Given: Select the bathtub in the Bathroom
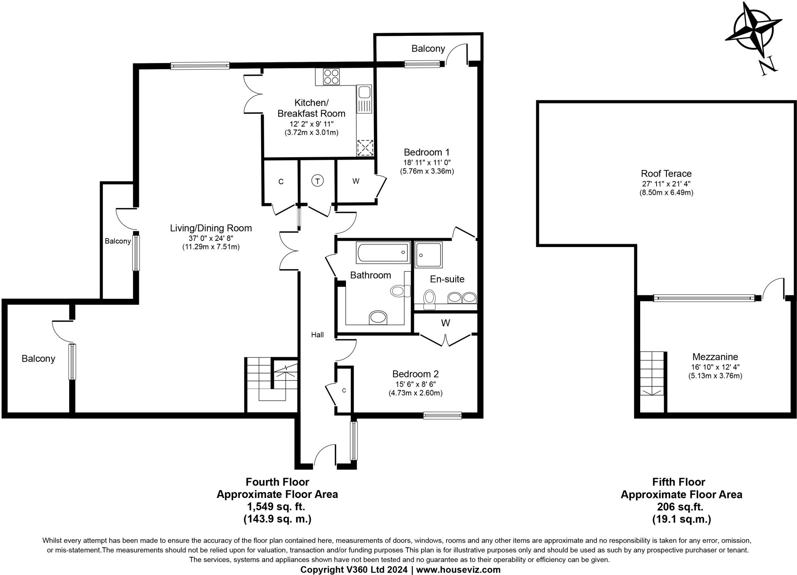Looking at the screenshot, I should (383, 252).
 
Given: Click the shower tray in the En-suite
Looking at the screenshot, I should (428, 255).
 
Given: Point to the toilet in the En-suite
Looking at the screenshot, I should (429, 299).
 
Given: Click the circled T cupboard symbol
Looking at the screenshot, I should (318, 181).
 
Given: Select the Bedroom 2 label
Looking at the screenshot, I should (415, 374).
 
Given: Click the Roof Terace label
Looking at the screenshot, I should (666, 174).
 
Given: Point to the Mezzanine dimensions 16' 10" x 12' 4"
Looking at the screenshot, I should (715, 366).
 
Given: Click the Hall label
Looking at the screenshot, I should (317, 335).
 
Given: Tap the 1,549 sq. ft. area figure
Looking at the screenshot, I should (276, 507).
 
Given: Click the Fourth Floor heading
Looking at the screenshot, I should (277, 482).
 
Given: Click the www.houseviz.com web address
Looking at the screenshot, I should (458, 570).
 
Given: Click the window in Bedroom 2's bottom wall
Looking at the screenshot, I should (442, 415).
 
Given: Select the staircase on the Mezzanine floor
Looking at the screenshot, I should (652, 373).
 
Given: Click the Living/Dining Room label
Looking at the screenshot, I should (211, 228).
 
